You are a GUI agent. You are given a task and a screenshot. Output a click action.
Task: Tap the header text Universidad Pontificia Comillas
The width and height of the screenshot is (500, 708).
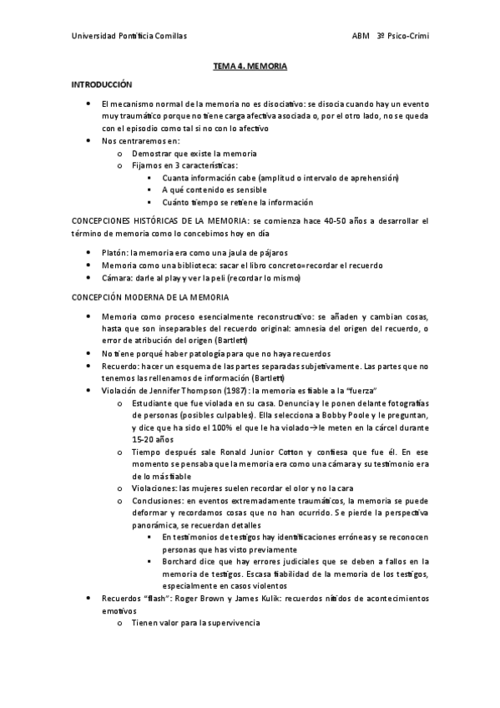coord(129,37)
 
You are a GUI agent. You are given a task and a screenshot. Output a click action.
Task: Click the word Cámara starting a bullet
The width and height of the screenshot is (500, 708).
coord(117,278)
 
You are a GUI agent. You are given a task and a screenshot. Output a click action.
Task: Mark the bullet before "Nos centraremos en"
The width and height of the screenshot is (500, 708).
coord(88,140)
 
